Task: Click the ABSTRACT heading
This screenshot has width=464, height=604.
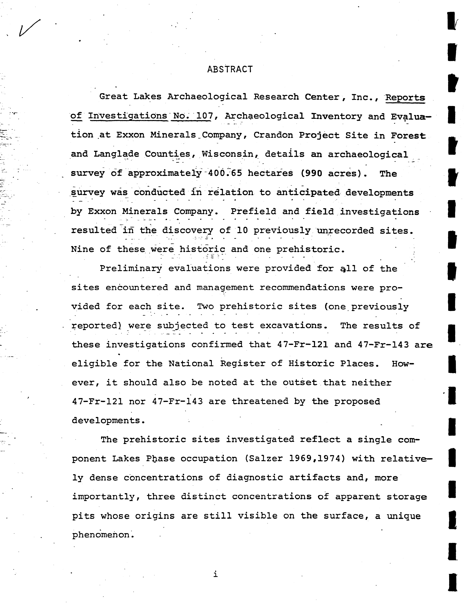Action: (x=230, y=69)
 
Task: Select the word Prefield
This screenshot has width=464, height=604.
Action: (x=253, y=211)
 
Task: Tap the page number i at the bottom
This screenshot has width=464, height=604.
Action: (x=215, y=574)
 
